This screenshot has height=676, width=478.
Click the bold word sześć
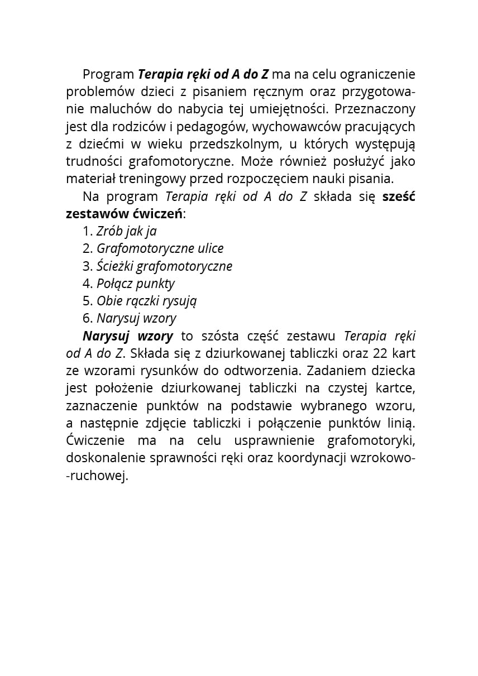399,197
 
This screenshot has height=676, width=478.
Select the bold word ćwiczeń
158,214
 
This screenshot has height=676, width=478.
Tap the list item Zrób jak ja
126,232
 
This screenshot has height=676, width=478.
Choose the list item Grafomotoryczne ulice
160,249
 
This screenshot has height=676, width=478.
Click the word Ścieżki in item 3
115,266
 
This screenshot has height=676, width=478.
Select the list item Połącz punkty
136,284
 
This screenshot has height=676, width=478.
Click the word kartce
396,389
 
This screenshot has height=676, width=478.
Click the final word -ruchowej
97,476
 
